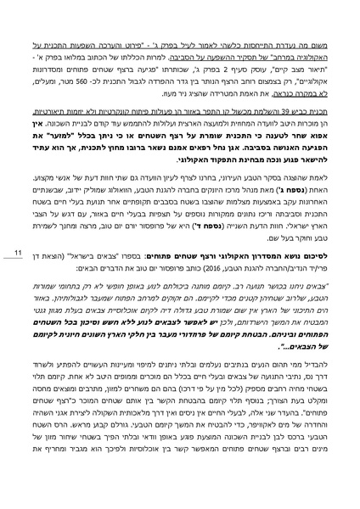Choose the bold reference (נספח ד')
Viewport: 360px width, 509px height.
166,232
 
